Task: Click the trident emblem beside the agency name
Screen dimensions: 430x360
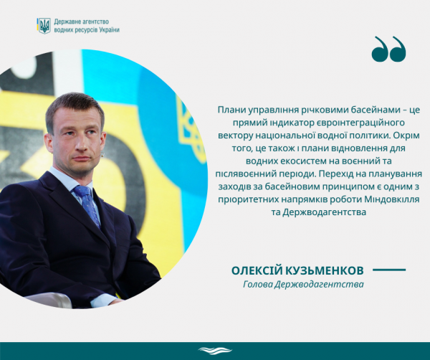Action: (44, 26)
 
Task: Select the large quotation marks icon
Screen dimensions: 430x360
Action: (389, 49)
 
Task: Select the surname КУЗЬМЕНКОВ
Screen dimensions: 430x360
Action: (325, 270)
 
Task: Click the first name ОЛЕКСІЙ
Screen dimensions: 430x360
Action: (257, 270)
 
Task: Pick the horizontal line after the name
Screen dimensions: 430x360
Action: (389, 270)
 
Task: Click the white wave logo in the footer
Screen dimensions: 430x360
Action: (215, 351)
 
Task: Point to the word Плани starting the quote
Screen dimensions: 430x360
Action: (231, 110)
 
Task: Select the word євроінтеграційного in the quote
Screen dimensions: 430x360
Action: (346, 123)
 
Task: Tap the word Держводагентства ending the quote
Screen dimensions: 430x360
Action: (325, 212)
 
